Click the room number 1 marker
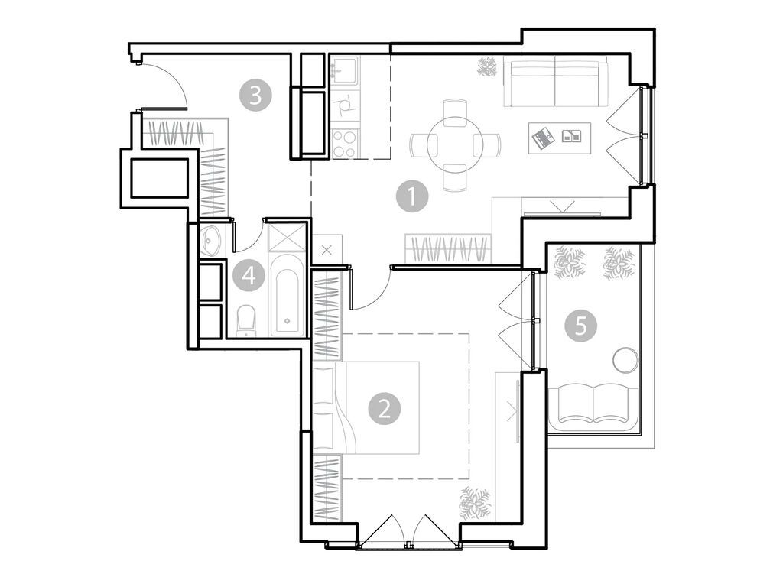point(412,197)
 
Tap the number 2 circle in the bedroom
point(385,407)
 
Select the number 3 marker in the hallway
point(255,96)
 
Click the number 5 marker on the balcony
point(581,326)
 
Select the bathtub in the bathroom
point(288,300)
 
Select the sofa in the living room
point(554,85)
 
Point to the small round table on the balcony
point(625,359)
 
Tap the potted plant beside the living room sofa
point(486,69)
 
